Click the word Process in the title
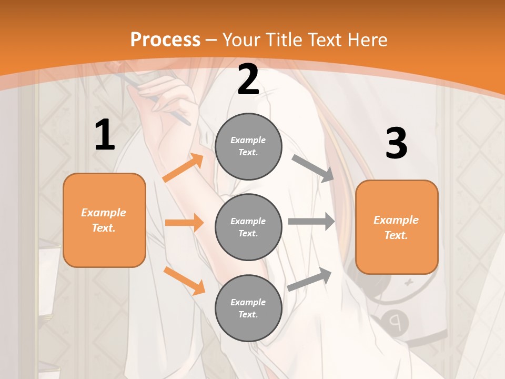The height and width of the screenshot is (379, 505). pyautogui.click(x=165, y=39)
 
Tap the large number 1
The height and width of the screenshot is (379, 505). pyautogui.click(x=105, y=135)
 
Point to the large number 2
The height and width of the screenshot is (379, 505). pyautogui.click(x=248, y=80)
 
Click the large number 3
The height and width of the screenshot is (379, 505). pyautogui.click(x=396, y=143)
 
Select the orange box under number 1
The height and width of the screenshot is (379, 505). pyautogui.click(x=104, y=220)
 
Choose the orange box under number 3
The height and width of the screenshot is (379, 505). pyautogui.click(x=397, y=227)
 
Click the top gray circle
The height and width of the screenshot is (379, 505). pyautogui.click(x=248, y=146)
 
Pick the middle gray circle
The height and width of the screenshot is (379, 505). pyautogui.click(x=248, y=227)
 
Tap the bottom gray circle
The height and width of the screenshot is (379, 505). pyautogui.click(x=248, y=308)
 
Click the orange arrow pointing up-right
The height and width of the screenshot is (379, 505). pyautogui.click(x=183, y=168)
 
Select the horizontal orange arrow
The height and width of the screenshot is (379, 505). pyautogui.click(x=184, y=223)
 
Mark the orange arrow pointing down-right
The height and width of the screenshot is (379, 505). pyautogui.click(x=185, y=281)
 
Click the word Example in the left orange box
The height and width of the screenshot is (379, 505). pyautogui.click(x=104, y=213)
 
